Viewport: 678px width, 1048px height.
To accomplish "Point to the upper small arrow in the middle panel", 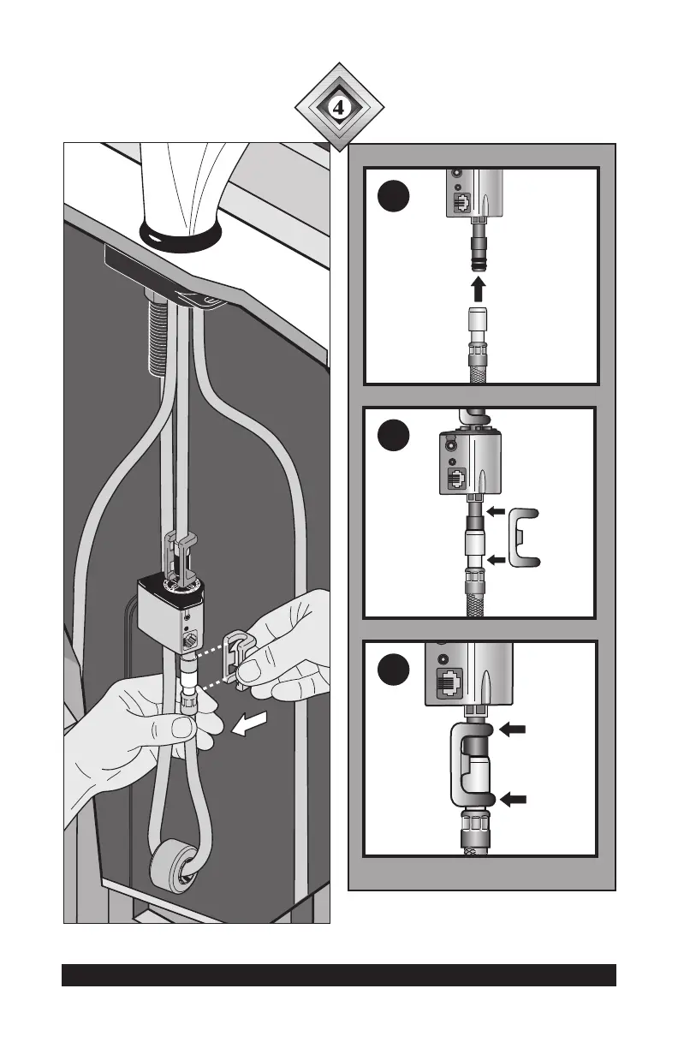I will click(495, 511).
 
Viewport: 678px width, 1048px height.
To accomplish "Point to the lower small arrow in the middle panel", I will click(495, 560).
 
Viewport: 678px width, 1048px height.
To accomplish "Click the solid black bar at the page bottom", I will click(339, 975).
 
